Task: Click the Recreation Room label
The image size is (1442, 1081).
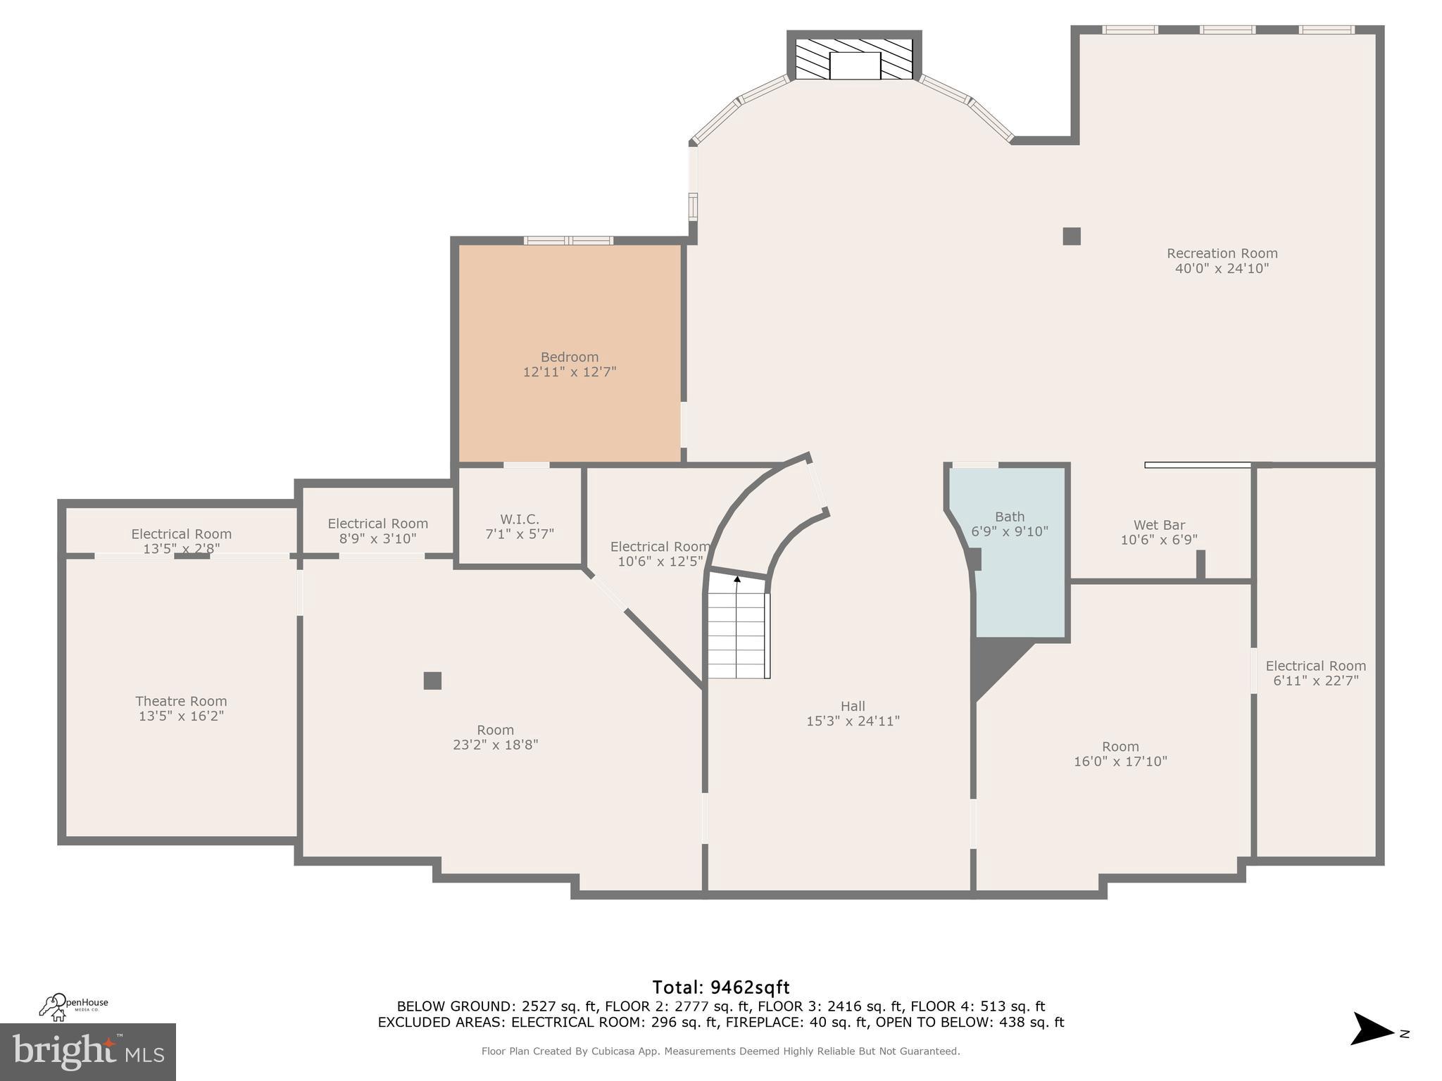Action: (1222, 253)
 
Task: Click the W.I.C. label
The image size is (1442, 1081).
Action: (520, 519)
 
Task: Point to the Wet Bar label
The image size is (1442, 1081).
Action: (1159, 525)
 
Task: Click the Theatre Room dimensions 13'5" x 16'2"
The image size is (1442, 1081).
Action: (181, 716)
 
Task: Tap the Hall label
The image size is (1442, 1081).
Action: (853, 706)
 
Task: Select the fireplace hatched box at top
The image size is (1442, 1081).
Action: (853, 58)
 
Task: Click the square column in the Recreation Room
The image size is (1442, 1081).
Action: (1072, 236)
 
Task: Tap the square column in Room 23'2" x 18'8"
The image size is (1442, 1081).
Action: (432, 681)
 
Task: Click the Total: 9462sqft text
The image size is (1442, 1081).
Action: (720, 987)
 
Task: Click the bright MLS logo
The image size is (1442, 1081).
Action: (88, 1051)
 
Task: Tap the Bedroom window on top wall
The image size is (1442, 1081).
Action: (568, 241)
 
